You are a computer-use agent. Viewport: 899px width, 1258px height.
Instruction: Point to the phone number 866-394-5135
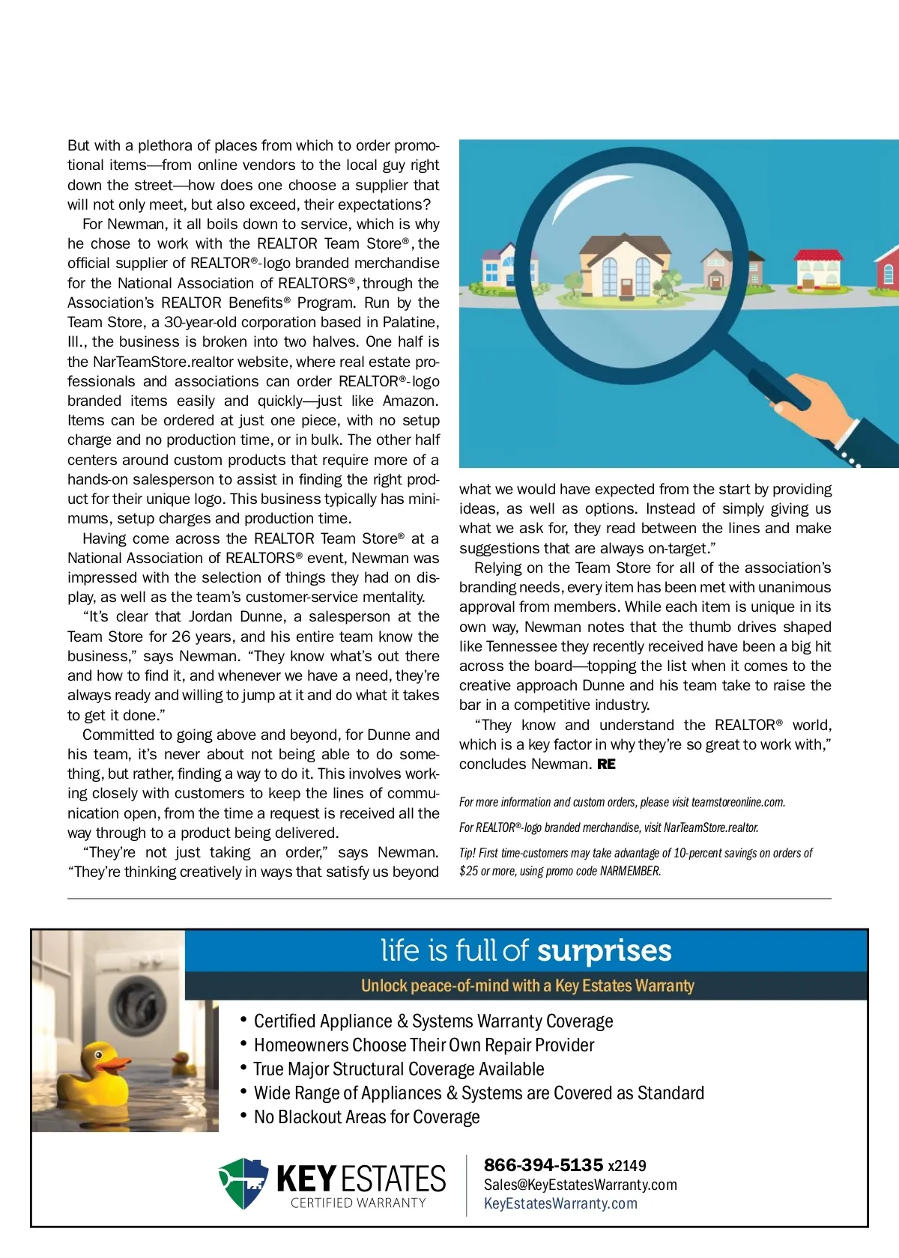(x=543, y=1165)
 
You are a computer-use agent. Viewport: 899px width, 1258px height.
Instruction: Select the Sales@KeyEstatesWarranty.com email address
(x=580, y=1185)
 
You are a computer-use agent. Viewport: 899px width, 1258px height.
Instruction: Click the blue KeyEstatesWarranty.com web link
(x=560, y=1203)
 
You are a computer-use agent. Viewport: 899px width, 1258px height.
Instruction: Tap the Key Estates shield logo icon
(x=243, y=1183)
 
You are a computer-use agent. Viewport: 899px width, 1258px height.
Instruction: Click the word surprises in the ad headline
(x=604, y=950)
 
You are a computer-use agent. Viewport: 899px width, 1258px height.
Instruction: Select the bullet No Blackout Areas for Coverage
(x=366, y=1117)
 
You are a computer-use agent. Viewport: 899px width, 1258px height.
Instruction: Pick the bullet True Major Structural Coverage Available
(x=399, y=1069)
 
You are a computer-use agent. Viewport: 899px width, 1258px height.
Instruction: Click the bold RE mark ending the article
(x=606, y=765)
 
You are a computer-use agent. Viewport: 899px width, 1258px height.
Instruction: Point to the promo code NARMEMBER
(x=630, y=872)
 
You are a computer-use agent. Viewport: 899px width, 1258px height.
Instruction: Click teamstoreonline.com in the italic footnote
(x=738, y=802)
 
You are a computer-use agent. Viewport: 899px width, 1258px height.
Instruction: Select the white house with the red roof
(x=819, y=271)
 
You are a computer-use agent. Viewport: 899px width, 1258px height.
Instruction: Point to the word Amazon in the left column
(x=409, y=401)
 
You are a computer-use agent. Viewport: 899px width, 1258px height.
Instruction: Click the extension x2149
(x=627, y=1166)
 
